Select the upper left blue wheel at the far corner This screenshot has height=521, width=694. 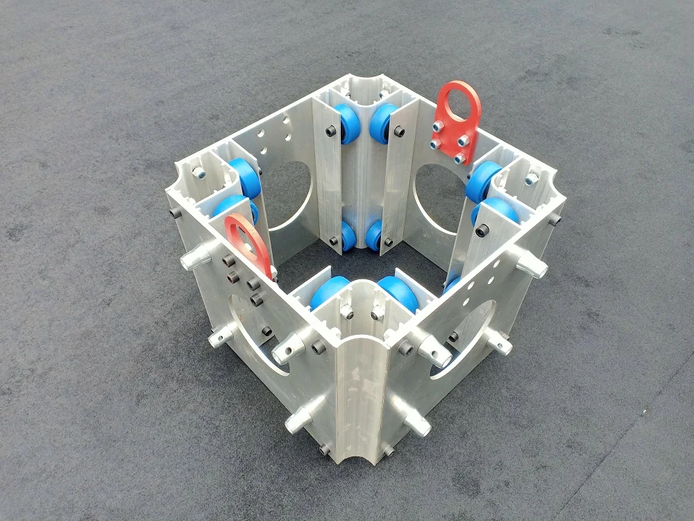(x=349, y=124)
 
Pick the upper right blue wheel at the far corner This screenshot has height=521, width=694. (x=382, y=123)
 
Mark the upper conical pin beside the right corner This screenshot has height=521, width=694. (x=531, y=265)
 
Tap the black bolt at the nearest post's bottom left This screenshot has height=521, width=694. (x=324, y=451)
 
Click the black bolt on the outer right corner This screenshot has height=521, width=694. (x=555, y=220)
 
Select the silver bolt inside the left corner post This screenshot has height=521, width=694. (x=199, y=172)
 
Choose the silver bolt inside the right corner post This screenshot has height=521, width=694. (x=531, y=179)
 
